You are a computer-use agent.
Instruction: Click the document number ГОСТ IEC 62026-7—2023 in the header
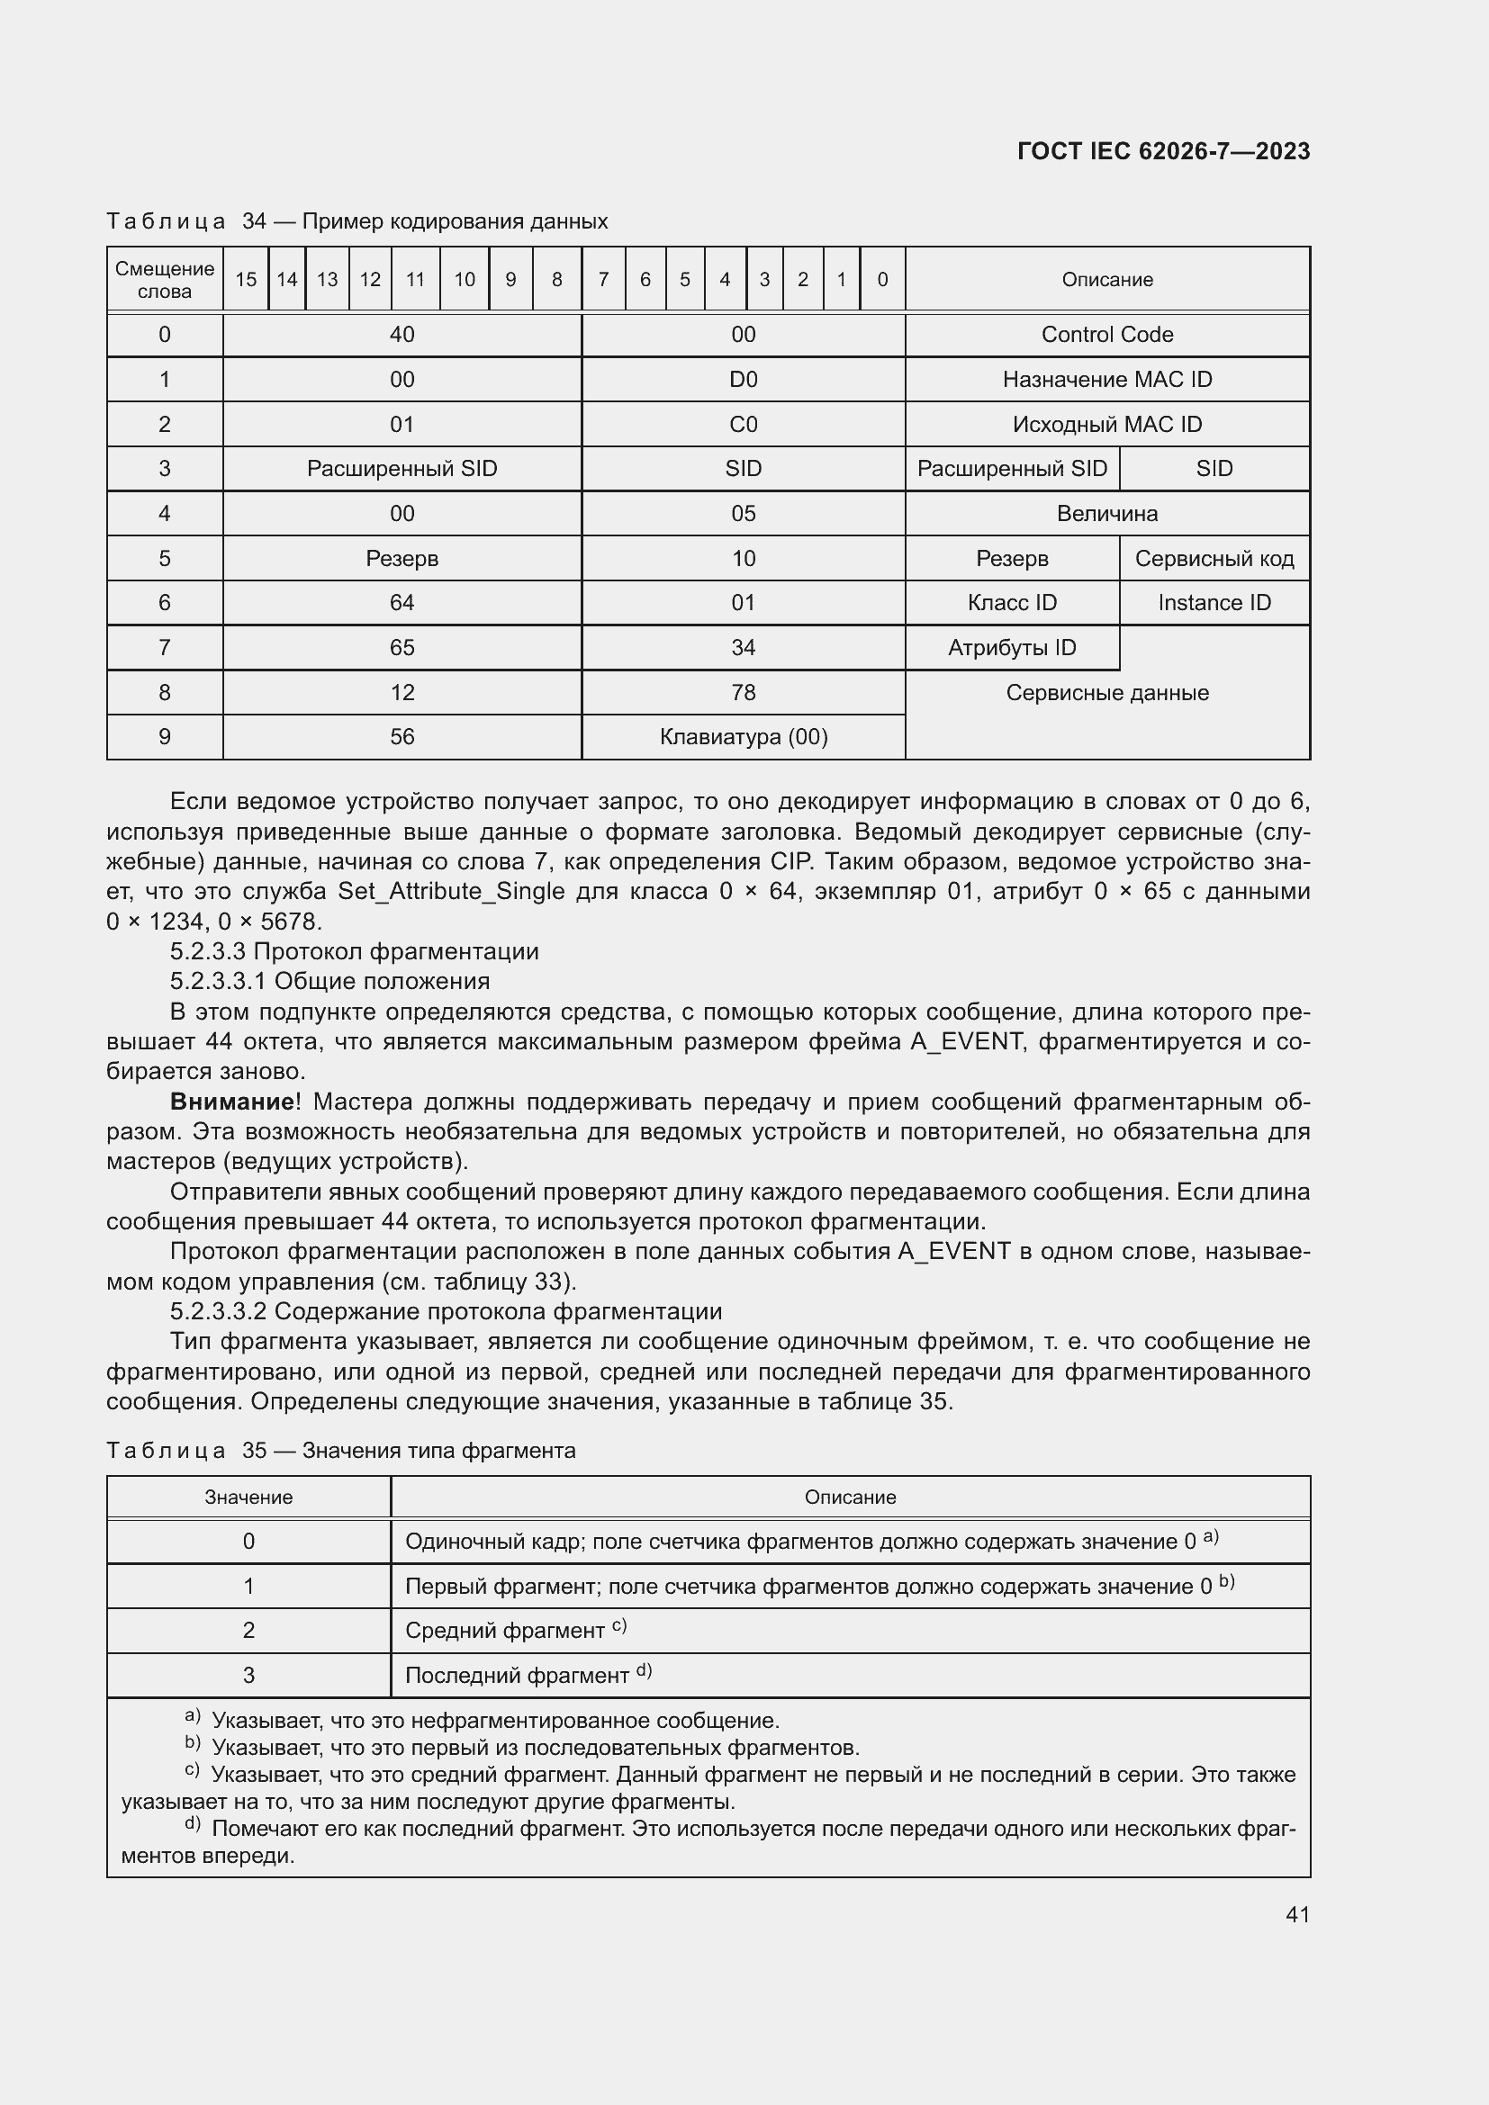[1162, 151]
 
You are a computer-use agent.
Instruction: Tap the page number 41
[1296, 1913]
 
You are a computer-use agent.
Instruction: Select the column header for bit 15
[246, 280]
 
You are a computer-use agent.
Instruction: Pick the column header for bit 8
[556, 280]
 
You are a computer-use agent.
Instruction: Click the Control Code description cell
[1106, 335]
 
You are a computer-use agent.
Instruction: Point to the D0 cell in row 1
[743, 380]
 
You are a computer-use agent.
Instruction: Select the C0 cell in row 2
[743, 425]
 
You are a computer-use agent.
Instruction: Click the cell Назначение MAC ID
[1106, 380]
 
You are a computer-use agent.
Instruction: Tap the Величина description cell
[1106, 513]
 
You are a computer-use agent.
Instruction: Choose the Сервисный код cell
[1214, 558]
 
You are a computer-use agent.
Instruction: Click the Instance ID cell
[1214, 602]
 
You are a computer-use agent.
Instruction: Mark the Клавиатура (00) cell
[743, 737]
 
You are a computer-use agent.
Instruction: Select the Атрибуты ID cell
[1011, 648]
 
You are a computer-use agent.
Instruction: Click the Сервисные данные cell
[1106, 693]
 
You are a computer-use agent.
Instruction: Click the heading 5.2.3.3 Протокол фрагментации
[354, 950]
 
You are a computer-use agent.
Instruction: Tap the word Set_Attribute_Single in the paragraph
[451, 891]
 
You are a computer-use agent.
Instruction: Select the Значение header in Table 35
[248, 1498]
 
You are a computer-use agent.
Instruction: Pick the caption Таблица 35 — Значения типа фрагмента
[341, 1451]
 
